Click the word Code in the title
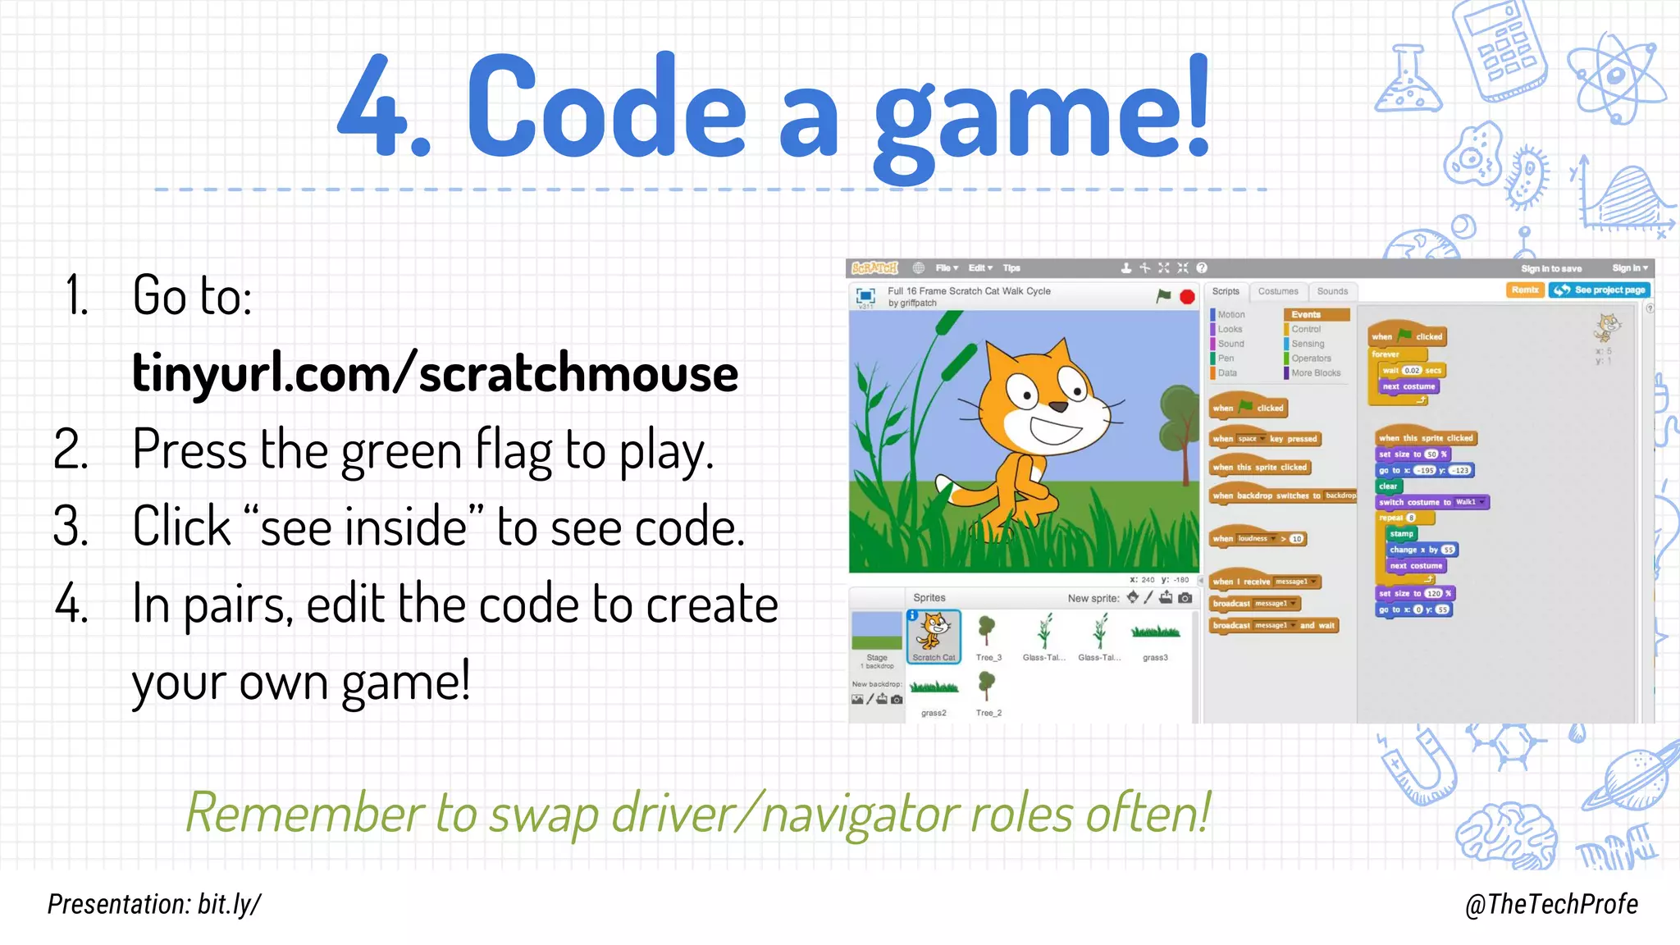(606, 107)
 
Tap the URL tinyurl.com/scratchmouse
(435, 373)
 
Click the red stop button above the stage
(1187, 297)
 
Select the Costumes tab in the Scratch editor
(1278, 291)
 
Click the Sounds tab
(1332, 291)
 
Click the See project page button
(1600, 290)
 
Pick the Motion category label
(1230, 315)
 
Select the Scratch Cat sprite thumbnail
(934, 636)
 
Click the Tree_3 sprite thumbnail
(988, 636)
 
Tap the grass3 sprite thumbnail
(1155, 636)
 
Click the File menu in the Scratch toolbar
(946, 268)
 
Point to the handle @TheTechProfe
(1551, 904)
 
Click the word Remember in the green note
(304, 813)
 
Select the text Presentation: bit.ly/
(154, 904)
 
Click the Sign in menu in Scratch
(1629, 268)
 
